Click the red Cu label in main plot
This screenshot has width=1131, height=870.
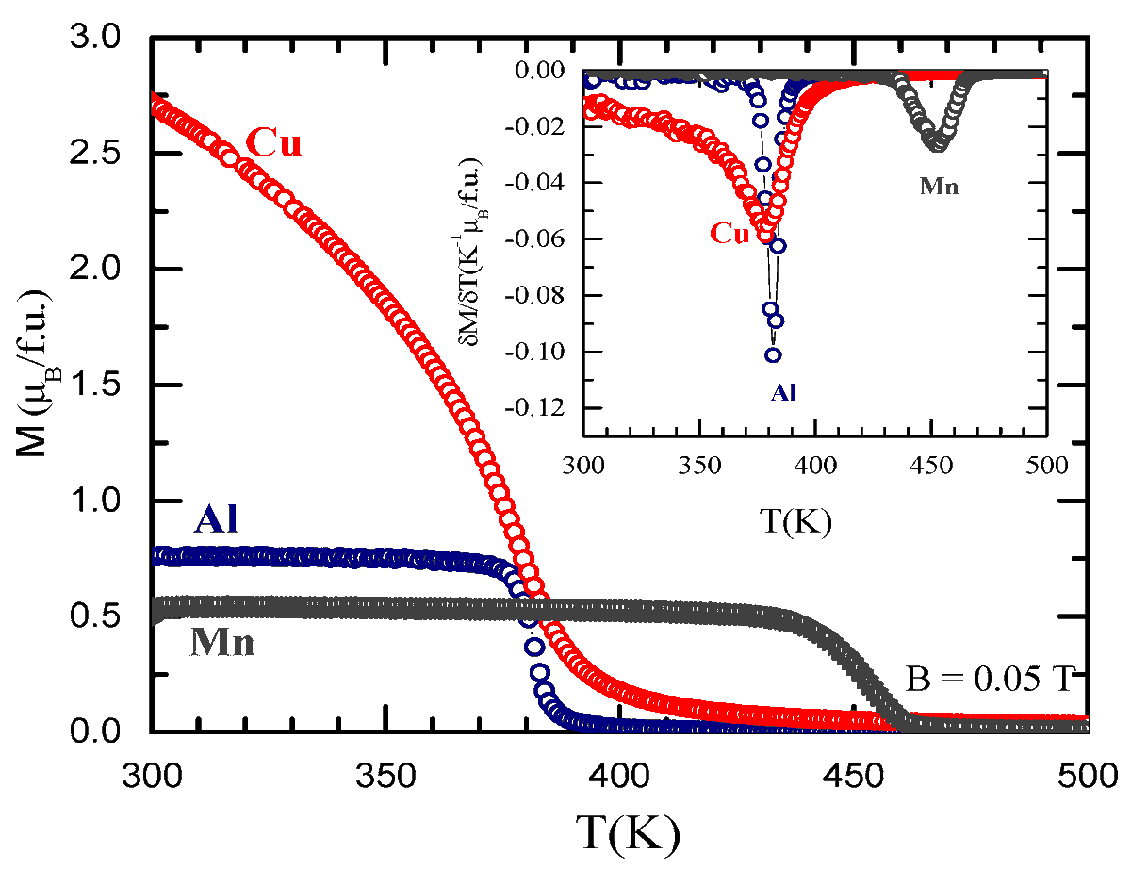(x=272, y=143)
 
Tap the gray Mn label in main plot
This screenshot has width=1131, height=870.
(x=223, y=643)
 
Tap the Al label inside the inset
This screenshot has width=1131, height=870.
(x=784, y=393)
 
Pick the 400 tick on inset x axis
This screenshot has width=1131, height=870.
(x=814, y=466)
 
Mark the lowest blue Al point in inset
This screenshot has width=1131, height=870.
(x=773, y=355)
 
